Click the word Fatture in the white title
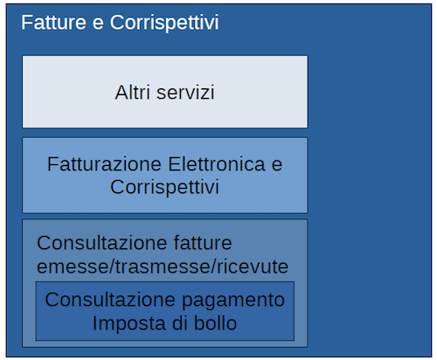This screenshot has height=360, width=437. click(54, 23)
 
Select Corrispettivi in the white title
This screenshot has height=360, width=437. click(164, 24)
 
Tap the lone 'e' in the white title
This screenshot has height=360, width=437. click(98, 24)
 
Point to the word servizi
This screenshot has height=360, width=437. click(185, 93)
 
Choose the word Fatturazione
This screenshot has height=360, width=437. click(104, 164)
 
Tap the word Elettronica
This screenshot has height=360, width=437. click(217, 164)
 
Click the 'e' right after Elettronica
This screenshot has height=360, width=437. click(277, 166)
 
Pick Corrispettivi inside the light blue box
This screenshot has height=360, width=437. click(164, 187)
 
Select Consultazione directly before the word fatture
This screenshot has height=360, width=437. click(102, 243)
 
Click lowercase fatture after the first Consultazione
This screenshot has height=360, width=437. click(203, 243)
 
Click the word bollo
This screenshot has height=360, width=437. click(215, 323)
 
